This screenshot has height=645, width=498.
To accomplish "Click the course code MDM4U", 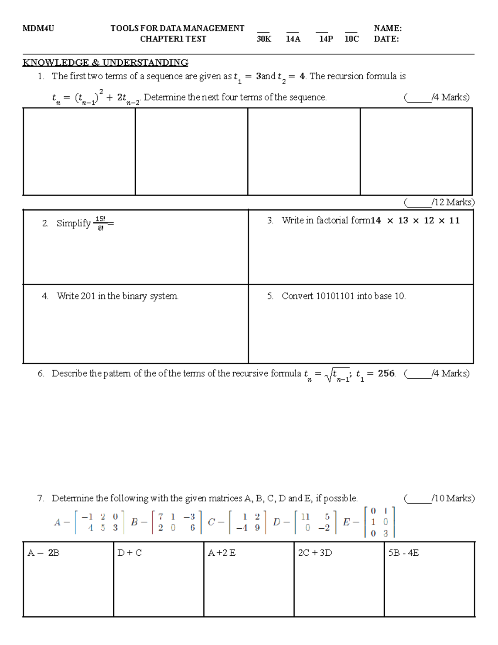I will coord(38,28).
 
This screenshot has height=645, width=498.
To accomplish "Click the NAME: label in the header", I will coord(388,28).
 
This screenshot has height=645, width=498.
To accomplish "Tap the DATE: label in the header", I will coord(386,39).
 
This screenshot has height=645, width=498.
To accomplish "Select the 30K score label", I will coord(264,39).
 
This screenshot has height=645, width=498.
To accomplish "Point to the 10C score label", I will coord(352,39).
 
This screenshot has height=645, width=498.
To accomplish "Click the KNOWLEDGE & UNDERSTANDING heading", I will coord(105,63).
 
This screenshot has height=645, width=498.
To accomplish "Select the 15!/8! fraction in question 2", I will coord(100,223).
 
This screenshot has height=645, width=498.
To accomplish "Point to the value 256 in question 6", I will coord(386,373).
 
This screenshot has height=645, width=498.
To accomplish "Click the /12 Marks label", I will coord(439,202).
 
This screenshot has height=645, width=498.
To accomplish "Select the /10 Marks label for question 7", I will coord(439,498).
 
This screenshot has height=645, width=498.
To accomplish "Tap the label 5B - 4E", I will coord(403,553).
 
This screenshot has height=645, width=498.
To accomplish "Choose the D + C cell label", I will coord(129,553).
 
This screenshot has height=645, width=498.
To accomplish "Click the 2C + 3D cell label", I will coord(315,553).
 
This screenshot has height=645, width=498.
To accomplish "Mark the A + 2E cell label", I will coord(222,553).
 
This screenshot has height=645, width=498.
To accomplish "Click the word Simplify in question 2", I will coord(73,223).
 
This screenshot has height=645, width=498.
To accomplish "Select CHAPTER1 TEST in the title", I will coord(173,39).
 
